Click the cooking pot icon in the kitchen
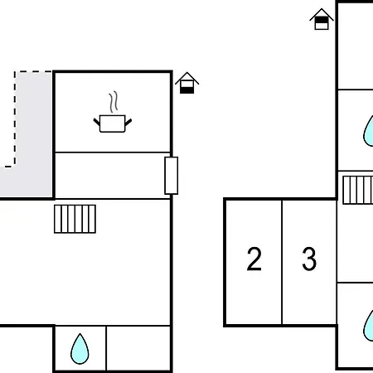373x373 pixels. point(113,124)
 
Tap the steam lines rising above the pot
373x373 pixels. point(114,102)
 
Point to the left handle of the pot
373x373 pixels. point(97,122)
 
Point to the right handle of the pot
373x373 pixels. point(128,122)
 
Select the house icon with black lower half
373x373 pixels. point(187,83)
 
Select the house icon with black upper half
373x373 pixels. point(322,19)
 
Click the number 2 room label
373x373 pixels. point(254,259)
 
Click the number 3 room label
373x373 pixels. point(309,259)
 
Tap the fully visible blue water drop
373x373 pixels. point(80,349)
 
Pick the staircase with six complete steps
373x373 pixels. point(75,219)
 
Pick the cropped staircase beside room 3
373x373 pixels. point(358,190)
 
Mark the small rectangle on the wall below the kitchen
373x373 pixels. point(172,176)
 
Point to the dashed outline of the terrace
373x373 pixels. point(15,119)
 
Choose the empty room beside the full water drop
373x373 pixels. point(138,348)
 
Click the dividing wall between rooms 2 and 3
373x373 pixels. point(282,263)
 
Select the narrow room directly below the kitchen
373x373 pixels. point(113,176)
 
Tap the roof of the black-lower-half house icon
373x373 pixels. point(187,77)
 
